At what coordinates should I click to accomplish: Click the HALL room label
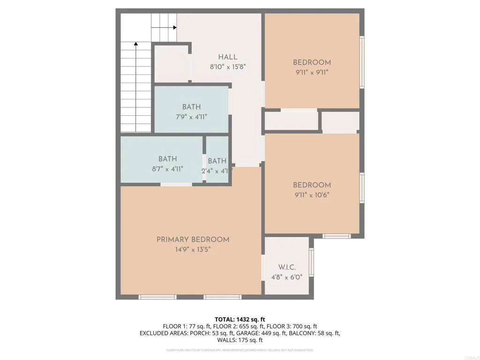pyautogui.click(x=227, y=57)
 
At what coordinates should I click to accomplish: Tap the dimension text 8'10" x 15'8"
pyautogui.click(x=228, y=67)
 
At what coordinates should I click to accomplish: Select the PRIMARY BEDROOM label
pyautogui.click(x=193, y=240)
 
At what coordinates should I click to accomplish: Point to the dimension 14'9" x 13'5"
pyautogui.click(x=193, y=250)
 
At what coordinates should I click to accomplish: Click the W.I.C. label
pyautogui.click(x=286, y=267)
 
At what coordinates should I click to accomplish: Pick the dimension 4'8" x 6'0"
pyautogui.click(x=286, y=277)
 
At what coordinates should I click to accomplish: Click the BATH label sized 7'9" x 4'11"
pyautogui.click(x=191, y=107)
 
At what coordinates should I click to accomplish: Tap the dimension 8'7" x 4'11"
pyautogui.click(x=167, y=169)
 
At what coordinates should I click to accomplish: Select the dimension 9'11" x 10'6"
pyautogui.click(x=312, y=195)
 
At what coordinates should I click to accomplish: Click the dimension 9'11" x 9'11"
pyautogui.click(x=312, y=73)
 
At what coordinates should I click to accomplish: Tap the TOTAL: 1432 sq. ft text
pyautogui.click(x=240, y=319)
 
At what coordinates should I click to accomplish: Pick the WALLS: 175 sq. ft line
pyautogui.click(x=240, y=340)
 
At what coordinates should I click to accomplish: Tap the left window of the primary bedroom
pyautogui.click(x=157, y=297)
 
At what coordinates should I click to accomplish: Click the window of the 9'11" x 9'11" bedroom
pyautogui.click(x=361, y=62)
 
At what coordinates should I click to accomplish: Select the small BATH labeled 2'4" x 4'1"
pyautogui.click(x=217, y=161)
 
